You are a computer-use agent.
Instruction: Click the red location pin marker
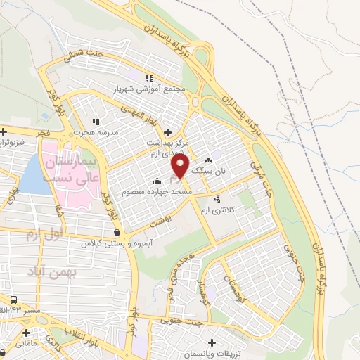(181, 166)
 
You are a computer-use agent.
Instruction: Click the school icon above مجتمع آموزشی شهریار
(148, 78)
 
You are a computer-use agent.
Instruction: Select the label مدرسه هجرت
(96, 132)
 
